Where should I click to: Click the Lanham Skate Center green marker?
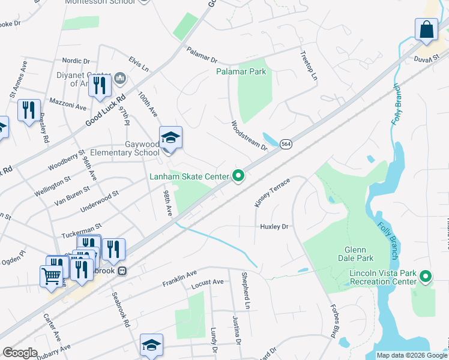[x=238, y=176]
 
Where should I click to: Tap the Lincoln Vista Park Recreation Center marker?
[x=426, y=277]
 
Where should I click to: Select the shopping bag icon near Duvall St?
[x=426, y=30]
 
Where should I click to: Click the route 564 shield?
[x=286, y=145]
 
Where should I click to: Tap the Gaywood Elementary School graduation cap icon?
[x=170, y=139]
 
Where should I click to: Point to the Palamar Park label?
[x=241, y=71]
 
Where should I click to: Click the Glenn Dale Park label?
[x=359, y=254]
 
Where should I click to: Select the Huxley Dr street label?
[x=274, y=227]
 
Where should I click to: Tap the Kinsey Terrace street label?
[x=272, y=193]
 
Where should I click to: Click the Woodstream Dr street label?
[x=249, y=136]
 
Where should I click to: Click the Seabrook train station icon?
[x=122, y=271]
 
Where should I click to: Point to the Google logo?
[x=20, y=353]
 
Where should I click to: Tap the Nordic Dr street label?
[x=76, y=61]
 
